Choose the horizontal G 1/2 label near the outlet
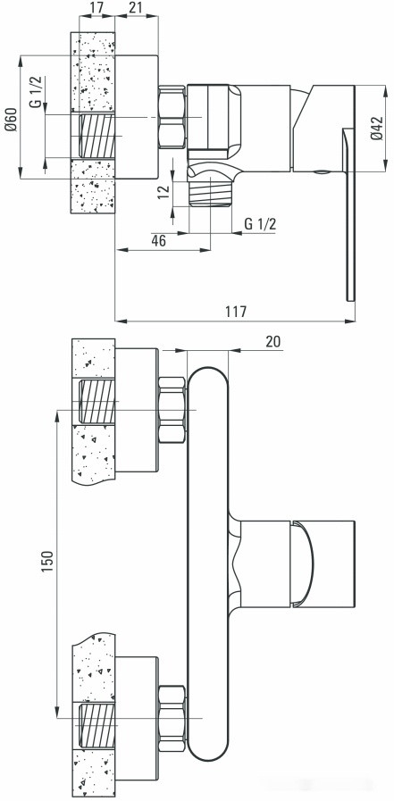[x=260, y=221]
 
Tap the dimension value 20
[x=272, y=341]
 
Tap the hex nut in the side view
[x=171, y=116]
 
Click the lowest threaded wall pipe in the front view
[x=96, y=725]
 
